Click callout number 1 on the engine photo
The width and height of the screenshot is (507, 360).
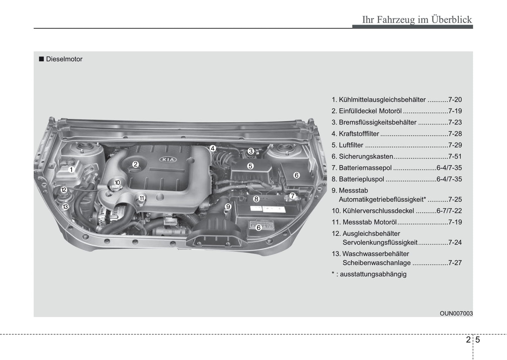71,170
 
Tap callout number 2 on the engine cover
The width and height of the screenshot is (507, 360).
135,164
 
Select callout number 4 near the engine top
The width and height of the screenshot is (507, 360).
213,148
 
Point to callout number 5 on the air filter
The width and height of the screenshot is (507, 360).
250,166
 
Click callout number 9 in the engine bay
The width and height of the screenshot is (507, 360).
228,207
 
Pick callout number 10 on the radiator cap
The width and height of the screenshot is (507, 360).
117,182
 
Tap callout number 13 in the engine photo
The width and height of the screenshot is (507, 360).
65,207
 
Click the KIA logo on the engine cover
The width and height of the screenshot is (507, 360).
168,160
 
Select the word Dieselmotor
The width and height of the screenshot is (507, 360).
64,59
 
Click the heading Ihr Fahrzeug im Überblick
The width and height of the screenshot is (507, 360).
417,20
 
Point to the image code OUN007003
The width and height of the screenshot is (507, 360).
456,313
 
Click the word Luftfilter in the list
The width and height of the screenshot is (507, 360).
351,145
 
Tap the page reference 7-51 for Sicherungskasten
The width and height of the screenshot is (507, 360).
455,156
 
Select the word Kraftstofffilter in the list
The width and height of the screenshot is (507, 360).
359,134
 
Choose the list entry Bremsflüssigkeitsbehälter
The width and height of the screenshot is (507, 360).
378,122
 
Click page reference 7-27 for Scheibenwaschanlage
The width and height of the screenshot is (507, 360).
455,263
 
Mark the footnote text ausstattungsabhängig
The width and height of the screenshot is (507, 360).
373,274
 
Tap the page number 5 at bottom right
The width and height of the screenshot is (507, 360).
478,340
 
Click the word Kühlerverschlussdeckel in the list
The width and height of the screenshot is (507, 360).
378,211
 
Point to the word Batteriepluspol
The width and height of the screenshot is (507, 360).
361,179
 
